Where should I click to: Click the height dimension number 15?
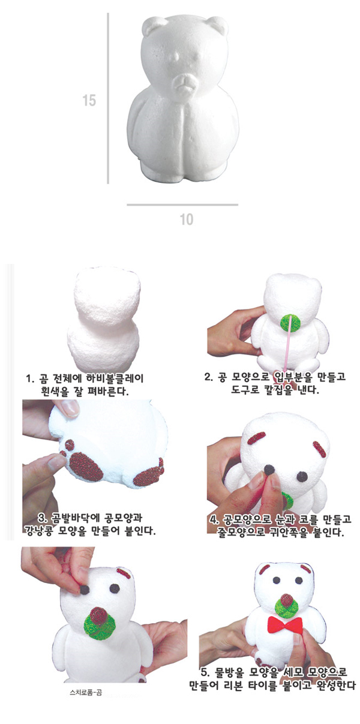(x=89, y=100)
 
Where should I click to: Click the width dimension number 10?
(x=187, y=220)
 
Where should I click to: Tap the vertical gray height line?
(x=108, y=98)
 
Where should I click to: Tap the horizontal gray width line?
(x=182, y=205)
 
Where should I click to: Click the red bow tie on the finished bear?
(x=285, y=624)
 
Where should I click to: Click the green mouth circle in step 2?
(x=290, y=323)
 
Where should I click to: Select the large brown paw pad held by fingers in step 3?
(x=86, y=466)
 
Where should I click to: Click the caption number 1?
(x=29, y=378)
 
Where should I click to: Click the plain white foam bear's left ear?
(x=154, y=25)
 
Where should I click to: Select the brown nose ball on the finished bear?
(x=287, y=600)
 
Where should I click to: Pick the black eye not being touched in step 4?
(x=302, y=476)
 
